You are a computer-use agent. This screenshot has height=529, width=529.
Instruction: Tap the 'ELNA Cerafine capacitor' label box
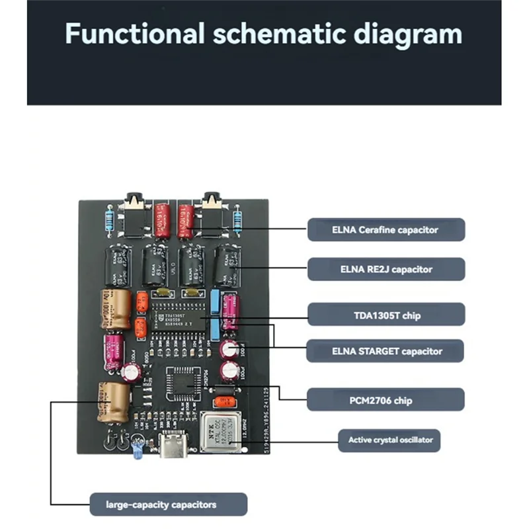tap(386, 230)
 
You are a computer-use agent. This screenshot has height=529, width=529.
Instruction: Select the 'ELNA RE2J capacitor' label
tap(386, 269)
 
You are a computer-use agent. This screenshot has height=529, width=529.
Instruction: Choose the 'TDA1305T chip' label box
tap(386, 315)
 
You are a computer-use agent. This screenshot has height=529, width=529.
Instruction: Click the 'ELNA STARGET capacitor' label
tap(386, 351)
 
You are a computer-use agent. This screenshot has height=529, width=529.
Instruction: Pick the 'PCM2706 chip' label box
tap(386, 399)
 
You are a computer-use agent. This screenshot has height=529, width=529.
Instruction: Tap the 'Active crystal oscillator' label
tap(389, 440)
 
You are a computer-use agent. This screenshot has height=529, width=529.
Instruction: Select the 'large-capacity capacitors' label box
tap(169, 505)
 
